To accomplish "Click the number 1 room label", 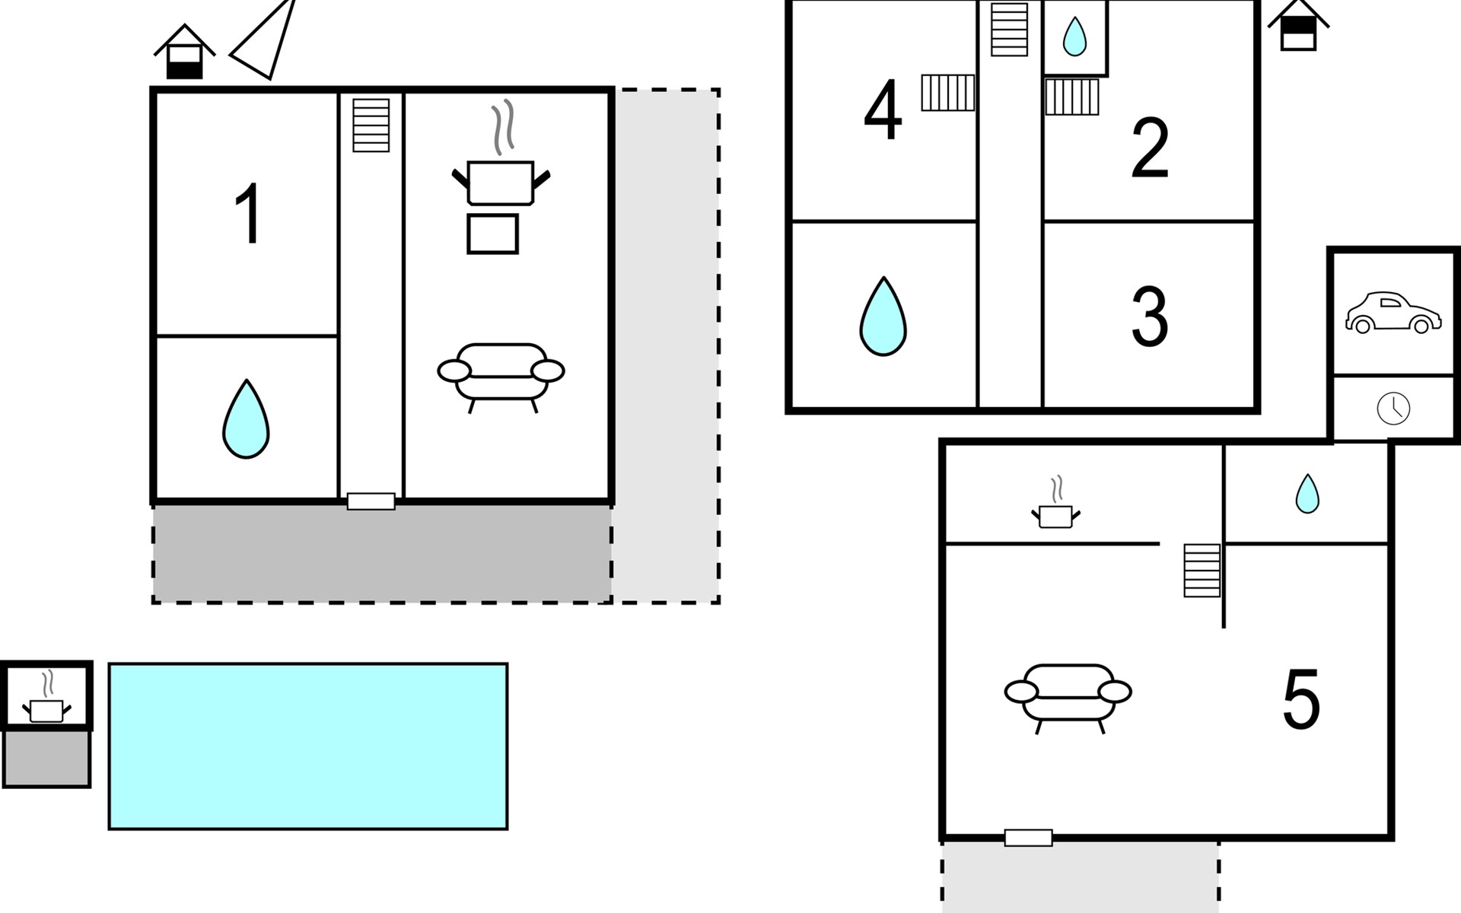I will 248,214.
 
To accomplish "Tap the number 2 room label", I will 1149,148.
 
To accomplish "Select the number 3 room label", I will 1149,317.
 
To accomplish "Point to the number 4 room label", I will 883,111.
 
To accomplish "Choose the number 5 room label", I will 1300,700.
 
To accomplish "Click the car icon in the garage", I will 1393,313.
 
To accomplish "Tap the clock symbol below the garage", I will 1393,409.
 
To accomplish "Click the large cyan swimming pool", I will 308,746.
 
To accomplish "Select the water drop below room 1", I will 246,419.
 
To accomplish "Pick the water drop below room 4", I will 883,317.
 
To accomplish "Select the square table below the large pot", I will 492,234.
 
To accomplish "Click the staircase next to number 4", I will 947,93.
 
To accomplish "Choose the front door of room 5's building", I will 1028,838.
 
